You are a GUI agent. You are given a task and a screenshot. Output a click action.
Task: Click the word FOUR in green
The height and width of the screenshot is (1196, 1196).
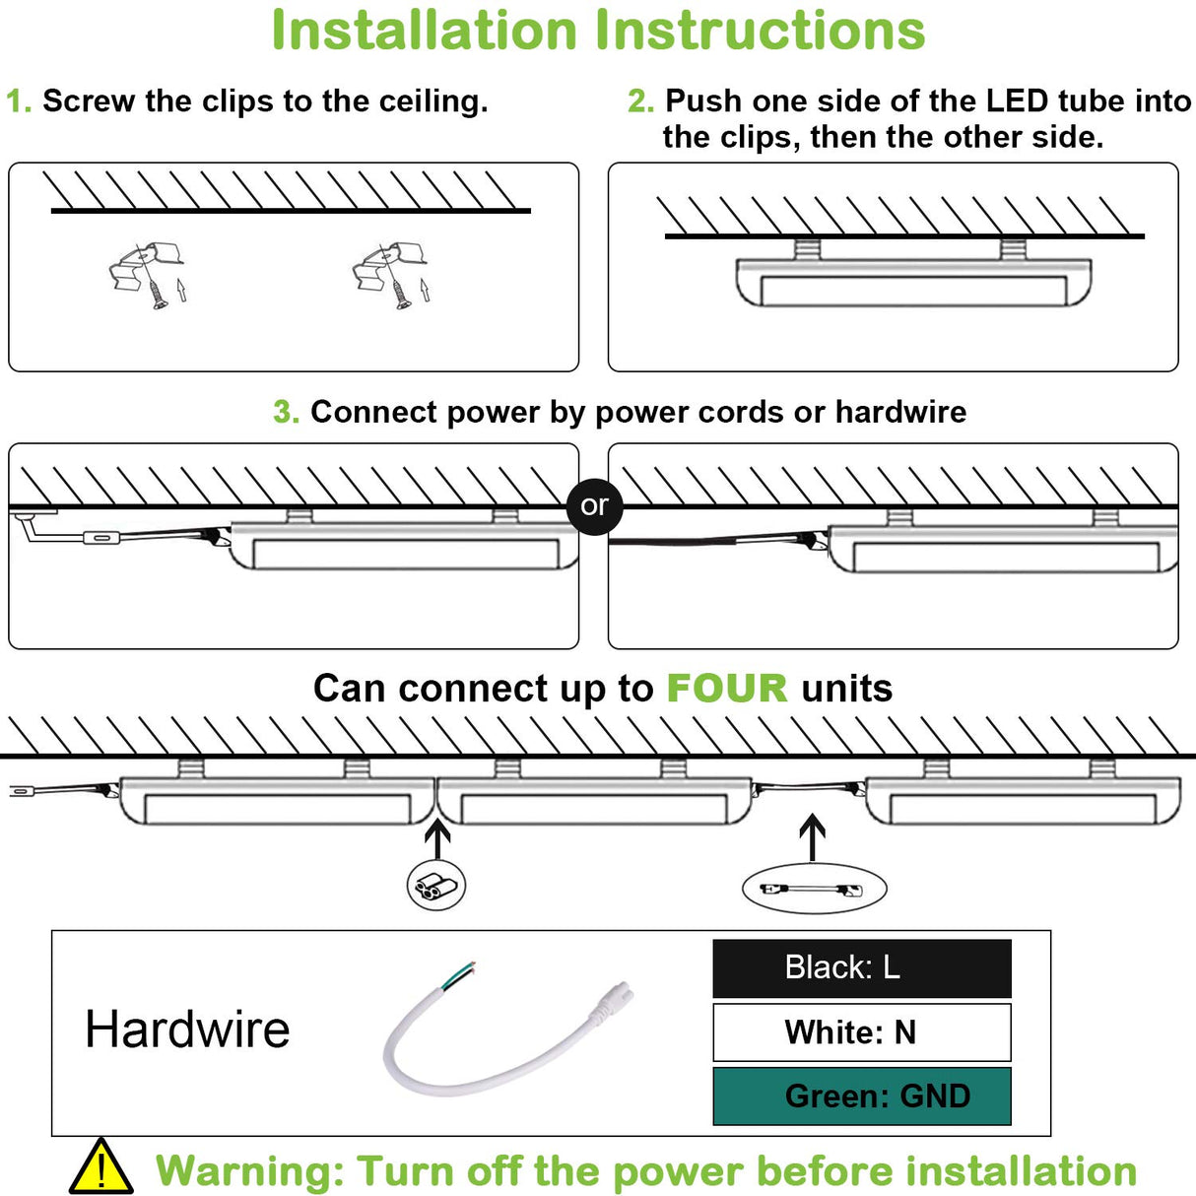click(726, 689)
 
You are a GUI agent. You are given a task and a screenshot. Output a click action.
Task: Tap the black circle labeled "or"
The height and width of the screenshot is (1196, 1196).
click(594, 506)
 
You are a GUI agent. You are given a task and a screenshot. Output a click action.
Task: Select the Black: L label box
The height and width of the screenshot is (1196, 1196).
click(862, 967)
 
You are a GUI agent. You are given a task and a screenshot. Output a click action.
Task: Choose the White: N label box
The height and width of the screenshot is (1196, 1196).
click(862, 1031)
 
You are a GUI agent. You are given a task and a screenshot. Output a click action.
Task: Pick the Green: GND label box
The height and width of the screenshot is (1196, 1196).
click(862, 1096)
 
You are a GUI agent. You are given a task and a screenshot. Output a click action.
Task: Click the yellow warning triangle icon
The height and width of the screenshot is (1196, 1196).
click(100, 1168)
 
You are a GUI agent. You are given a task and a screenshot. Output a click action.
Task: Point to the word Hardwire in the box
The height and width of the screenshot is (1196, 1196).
click(187, 1030)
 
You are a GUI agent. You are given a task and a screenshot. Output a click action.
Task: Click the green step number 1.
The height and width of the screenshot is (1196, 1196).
click(17, 101)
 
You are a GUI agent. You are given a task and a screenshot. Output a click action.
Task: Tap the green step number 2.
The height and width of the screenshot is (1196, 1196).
click(640, 101)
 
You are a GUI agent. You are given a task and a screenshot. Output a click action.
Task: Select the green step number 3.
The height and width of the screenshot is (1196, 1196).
click(285, 412)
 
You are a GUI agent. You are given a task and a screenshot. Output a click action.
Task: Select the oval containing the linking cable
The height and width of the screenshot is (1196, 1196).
click(814, 889)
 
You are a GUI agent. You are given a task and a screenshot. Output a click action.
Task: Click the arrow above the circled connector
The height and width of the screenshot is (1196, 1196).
click(437, 838)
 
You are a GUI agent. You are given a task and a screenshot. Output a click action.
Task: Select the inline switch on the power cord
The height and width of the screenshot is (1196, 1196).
click(101, 538)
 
